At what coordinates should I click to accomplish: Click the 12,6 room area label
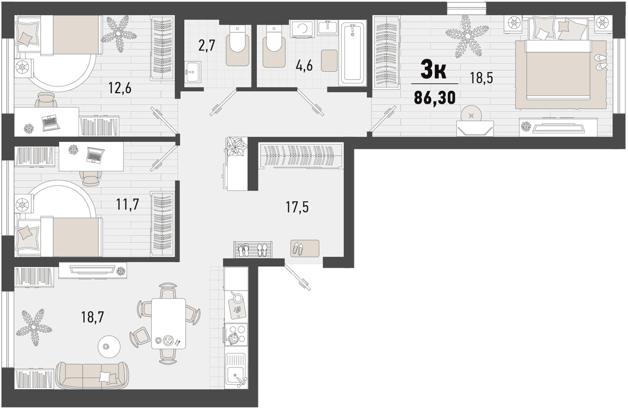[120, 88]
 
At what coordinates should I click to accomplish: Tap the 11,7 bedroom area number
[128, 204]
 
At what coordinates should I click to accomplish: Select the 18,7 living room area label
[93, 317]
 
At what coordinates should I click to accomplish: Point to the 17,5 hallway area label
[297, 207]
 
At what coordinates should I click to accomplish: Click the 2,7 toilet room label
[207, 46]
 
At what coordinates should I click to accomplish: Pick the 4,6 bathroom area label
[304, 67]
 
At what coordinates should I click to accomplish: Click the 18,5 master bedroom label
[481, 78]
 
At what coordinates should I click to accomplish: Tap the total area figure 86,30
[435, 98]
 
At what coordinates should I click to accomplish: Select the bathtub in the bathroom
[352, 53]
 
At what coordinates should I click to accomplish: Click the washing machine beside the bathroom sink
[302, 29]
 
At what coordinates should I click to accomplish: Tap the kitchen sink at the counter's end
[236, 371]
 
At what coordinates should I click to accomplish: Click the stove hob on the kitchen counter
[236, 337]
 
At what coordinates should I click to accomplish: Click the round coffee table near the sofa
[109, 347]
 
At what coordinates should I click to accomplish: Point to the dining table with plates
[168, 324]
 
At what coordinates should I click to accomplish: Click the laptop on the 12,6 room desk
[51, 123]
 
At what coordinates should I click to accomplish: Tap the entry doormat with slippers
[305, 248]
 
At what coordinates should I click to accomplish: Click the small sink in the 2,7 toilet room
[193, 72]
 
